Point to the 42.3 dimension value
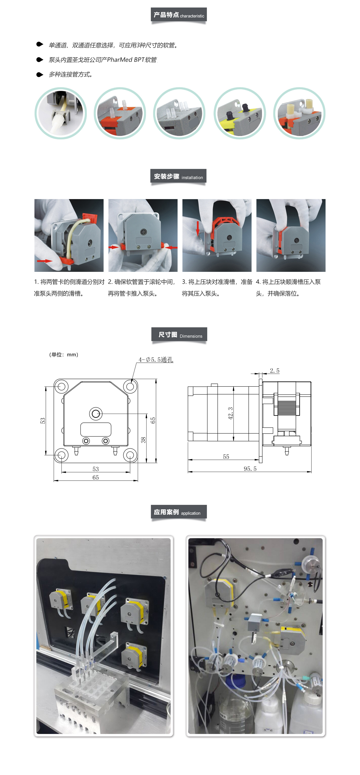pos(230,413)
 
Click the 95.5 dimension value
pos(250,469)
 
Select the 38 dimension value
pos(143,440)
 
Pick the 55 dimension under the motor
pos(226,457)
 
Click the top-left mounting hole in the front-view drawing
pos(61,386)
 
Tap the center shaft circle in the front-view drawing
pos(96,414)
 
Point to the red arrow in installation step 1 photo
pos(45,261)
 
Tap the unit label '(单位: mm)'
pos(64,355)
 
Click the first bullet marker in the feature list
pos(40,44)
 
